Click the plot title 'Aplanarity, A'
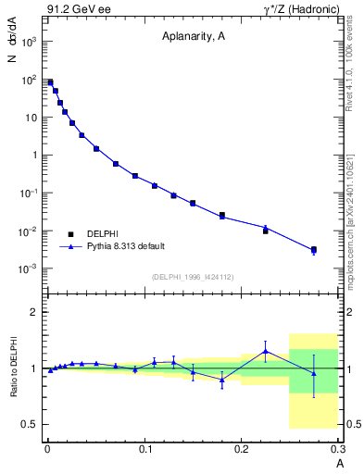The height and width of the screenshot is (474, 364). pos(193,38)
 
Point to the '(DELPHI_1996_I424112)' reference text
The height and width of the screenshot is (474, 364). pos(193,275)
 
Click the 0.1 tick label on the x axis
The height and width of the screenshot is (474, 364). pos(145,449)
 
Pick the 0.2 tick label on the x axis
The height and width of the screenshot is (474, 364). pos(243,449)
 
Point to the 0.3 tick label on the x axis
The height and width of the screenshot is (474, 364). pos(338,449)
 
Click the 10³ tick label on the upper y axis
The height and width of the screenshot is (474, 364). pos(30,42)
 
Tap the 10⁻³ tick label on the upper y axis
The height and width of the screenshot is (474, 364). pos(29,268)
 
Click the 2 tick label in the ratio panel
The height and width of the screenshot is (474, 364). pos(36,312)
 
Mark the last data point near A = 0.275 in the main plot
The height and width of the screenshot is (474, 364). pos(314,250)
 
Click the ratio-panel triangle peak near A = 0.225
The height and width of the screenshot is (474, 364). pos(266,351)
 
